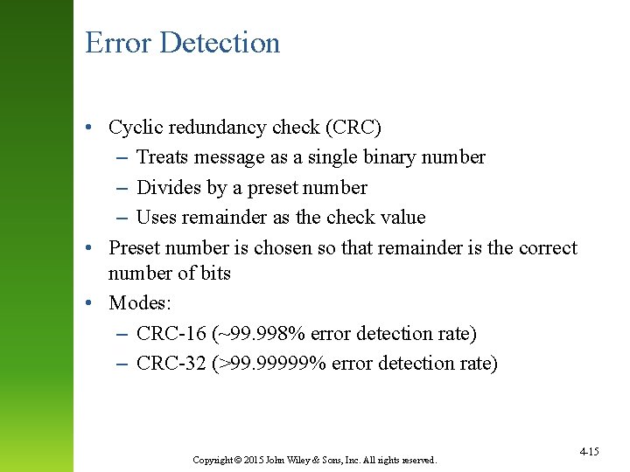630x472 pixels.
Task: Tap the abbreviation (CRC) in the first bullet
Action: click(353, 128)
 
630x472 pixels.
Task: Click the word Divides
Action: click(168, 187)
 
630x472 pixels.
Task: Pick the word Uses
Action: click(157, 217)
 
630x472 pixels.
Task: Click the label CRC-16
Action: click(172, 334)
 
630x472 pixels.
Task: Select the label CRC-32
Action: click(172, 364)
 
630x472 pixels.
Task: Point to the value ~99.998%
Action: click(265, 334)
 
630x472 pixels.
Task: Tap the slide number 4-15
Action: click(589, 451)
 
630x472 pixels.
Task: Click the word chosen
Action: click(282, 248)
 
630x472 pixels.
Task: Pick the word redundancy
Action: click(216, 128)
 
